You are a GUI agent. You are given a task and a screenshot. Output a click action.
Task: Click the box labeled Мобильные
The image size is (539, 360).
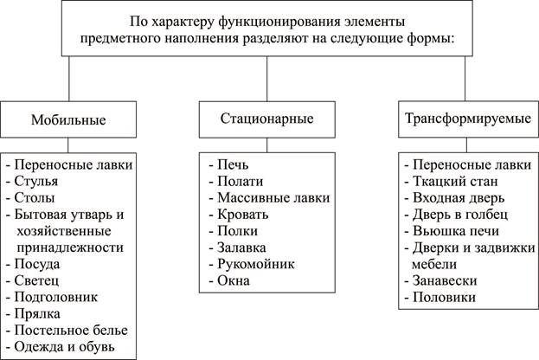pos(68,119)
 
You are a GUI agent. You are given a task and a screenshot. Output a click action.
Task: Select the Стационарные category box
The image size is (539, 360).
pos(267,119)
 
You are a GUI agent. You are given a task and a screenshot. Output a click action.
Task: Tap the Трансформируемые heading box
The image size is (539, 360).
pos(469,119)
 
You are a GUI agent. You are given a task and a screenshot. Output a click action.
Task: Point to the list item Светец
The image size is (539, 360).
pos(36,280)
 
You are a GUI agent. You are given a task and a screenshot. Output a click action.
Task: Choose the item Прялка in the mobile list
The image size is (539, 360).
pos(37,313)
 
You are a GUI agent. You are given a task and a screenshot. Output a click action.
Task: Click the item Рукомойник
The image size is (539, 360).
pos(256,264)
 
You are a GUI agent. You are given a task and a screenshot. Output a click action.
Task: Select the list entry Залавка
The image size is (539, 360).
pos(241,247)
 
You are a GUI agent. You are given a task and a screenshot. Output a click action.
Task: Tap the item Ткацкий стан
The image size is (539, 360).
pos(455,181)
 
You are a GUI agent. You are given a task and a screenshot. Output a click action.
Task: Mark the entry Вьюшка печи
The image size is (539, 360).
pos(456,231)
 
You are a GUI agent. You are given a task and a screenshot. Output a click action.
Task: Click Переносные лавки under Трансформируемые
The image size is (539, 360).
pos(472,164)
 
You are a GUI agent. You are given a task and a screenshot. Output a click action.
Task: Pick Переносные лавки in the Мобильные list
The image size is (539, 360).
pos(74,164)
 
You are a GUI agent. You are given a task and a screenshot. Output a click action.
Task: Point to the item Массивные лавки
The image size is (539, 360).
pos(273,197)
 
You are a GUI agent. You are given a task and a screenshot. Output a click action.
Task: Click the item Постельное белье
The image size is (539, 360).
pos(71,330)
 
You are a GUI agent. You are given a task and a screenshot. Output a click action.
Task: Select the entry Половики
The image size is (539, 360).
pos(444,297)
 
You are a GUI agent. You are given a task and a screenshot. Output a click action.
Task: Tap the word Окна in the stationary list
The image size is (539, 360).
pos(234,280)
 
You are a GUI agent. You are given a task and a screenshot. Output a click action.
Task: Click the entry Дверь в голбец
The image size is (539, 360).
pos(460,215)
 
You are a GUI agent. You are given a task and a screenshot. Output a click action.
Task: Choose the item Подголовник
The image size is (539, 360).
pos(56,297)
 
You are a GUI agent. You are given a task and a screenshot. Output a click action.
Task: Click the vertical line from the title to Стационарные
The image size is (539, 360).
pos(267,79)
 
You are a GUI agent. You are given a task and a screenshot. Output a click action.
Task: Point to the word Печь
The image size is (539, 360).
pos(233,164)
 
